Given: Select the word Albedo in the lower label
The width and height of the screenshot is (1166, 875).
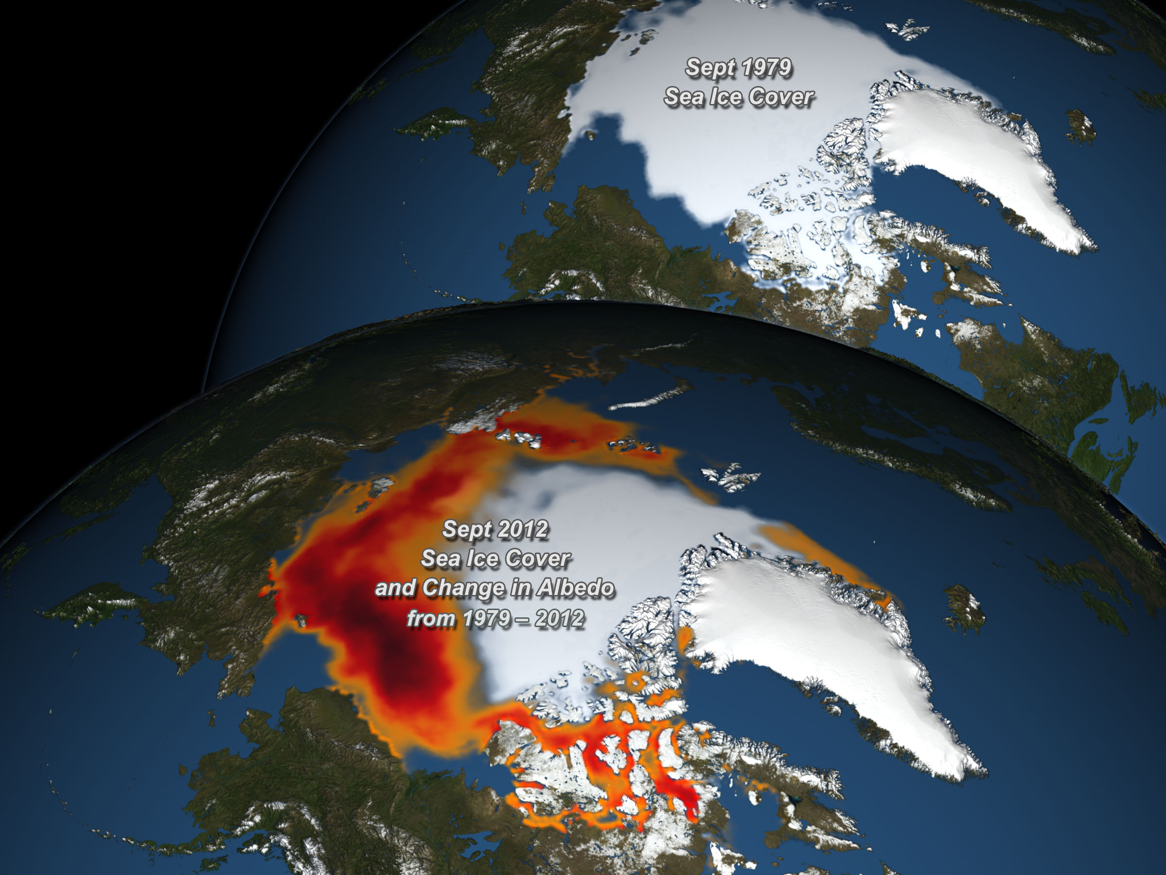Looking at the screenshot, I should coord(576,588).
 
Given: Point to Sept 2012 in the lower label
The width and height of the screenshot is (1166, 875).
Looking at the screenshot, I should coord(496,529).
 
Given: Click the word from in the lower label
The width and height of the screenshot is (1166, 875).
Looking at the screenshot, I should coord(430,618).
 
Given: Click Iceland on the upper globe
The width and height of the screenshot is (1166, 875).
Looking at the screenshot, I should coord(1080,126).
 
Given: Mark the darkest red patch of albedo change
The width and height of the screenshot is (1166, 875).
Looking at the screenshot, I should coord(401,665).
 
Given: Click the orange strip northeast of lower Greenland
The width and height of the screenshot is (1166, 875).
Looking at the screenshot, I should coord(823,554).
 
